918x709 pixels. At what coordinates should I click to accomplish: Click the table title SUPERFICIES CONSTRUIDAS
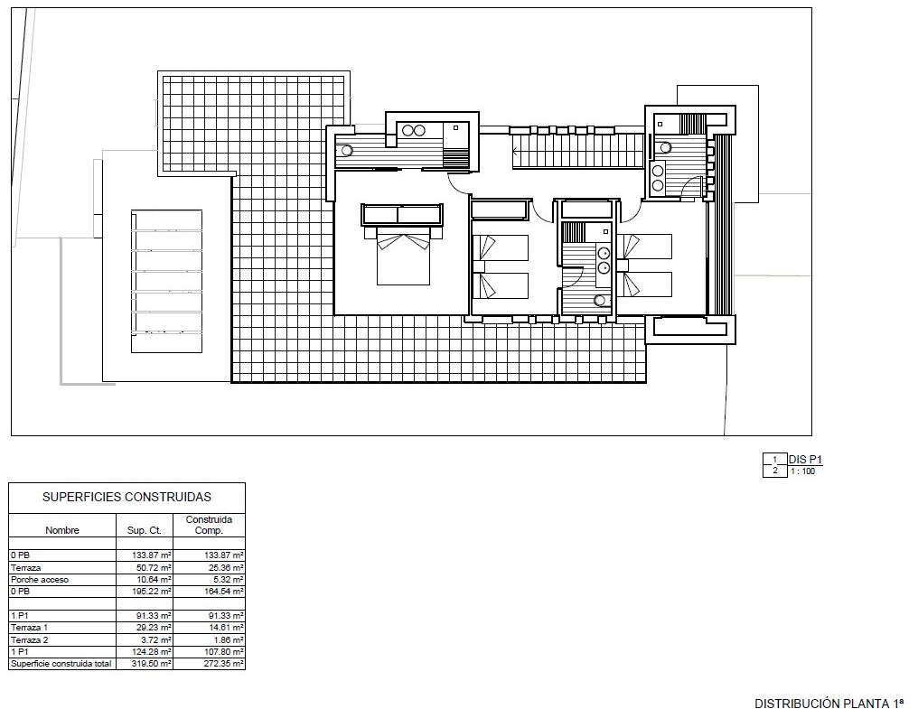click(x=126, y=497)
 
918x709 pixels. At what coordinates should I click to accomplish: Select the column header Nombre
click(x=62, y=530)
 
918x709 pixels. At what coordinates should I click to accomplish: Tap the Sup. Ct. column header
click(x=144, y=530)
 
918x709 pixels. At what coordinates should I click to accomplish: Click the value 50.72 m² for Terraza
click(x=152, y=568)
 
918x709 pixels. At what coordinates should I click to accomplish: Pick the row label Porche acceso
click(x=40, y=580)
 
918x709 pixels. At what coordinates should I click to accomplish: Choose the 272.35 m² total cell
click(x=222, y=664)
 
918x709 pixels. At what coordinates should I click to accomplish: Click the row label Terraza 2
click(x=29, y=640)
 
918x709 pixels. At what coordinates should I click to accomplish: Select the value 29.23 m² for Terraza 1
click(x=152, y=628)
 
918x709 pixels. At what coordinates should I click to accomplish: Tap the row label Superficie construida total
click(x=61, y=664)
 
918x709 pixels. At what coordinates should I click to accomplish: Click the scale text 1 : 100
click(x=802, y=471)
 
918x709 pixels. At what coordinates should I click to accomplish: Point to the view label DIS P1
click(x=806, y=460)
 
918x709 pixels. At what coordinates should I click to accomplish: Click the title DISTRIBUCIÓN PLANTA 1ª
click(x=829, y=704)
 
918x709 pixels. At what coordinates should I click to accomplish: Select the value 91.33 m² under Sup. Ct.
click(x=152, y=616)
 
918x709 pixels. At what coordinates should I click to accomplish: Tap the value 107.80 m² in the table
click(x=222, y=651)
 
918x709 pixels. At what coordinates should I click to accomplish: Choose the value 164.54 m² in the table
click(x=222, y=592)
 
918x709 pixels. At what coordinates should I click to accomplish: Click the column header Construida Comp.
click(x=209, y=525)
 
